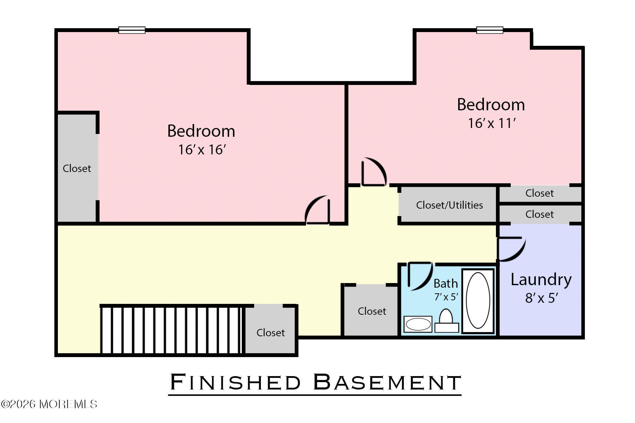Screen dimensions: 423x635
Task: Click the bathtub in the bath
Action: (x=478, y=301)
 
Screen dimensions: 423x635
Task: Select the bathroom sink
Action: (x=418, y=324)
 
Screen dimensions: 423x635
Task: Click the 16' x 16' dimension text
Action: (x=202, y=150)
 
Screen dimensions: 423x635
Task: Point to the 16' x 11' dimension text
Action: (x=491, y=123)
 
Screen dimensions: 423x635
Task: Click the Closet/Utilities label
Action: (x=449, y=205)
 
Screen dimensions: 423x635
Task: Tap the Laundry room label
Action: (x=541, y=280)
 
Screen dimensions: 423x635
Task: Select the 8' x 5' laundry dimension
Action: (x=541, y=298)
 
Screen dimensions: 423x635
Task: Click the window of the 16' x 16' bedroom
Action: (x=132, y=30)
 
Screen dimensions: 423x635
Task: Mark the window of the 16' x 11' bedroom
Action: (x=490, y=30)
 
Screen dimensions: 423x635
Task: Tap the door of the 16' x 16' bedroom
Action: (x=318, y=210)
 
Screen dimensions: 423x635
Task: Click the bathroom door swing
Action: (x=420, y=276)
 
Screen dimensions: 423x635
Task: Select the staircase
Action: (x=171, y=330)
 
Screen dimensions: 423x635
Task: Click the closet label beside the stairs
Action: (x=270, y=333)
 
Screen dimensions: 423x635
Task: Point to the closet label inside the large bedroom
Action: (x=77, y=168)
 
